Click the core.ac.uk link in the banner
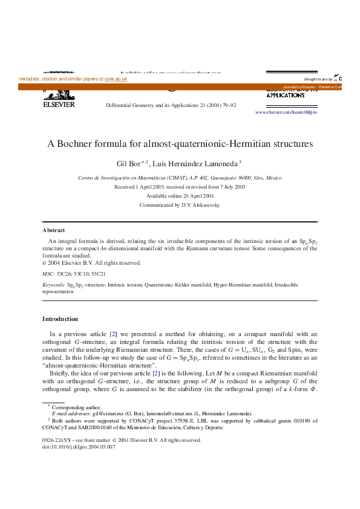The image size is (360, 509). (116, 79)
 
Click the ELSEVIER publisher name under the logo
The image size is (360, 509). (58, 104)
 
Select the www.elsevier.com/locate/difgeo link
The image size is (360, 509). (286, 112)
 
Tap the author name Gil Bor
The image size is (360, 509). (128, 164)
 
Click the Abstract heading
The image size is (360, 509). (53, 230)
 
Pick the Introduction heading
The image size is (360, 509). (60, 319)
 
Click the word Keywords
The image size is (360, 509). (53, 284)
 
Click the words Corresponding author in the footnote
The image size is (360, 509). (73, 407)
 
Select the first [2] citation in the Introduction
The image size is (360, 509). (113, 334)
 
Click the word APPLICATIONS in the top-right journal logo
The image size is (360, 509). (285, 96)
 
